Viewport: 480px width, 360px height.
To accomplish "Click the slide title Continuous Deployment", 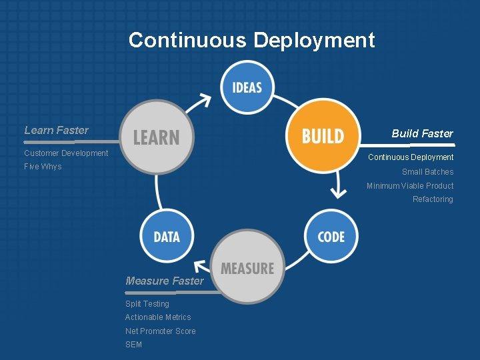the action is [251, 40].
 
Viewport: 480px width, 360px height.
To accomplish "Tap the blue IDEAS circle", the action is [247, 87].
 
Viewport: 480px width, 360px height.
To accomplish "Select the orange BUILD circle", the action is [323, 136].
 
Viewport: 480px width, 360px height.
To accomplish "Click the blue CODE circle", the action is [331, 236].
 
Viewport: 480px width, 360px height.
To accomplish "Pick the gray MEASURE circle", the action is [247, 268].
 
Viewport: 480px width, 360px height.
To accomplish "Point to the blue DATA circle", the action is [166, 236].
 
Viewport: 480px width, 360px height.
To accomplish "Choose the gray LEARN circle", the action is [157, 137].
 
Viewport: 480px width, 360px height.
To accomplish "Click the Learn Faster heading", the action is [56, 130].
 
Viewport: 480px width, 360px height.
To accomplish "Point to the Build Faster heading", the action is [422, 133].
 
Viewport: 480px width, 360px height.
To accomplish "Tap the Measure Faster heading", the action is [164, 281].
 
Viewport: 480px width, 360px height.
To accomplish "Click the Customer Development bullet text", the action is [66, 153].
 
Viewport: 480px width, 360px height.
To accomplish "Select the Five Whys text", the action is [43, 167].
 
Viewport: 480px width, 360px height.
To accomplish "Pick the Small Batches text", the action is [427, 172].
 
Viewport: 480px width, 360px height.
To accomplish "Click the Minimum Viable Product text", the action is [409, 186].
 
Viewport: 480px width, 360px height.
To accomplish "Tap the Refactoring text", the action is [432, 199].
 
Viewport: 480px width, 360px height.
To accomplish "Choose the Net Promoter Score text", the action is [160, 331].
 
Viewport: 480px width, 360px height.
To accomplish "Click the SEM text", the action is [133, 345].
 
